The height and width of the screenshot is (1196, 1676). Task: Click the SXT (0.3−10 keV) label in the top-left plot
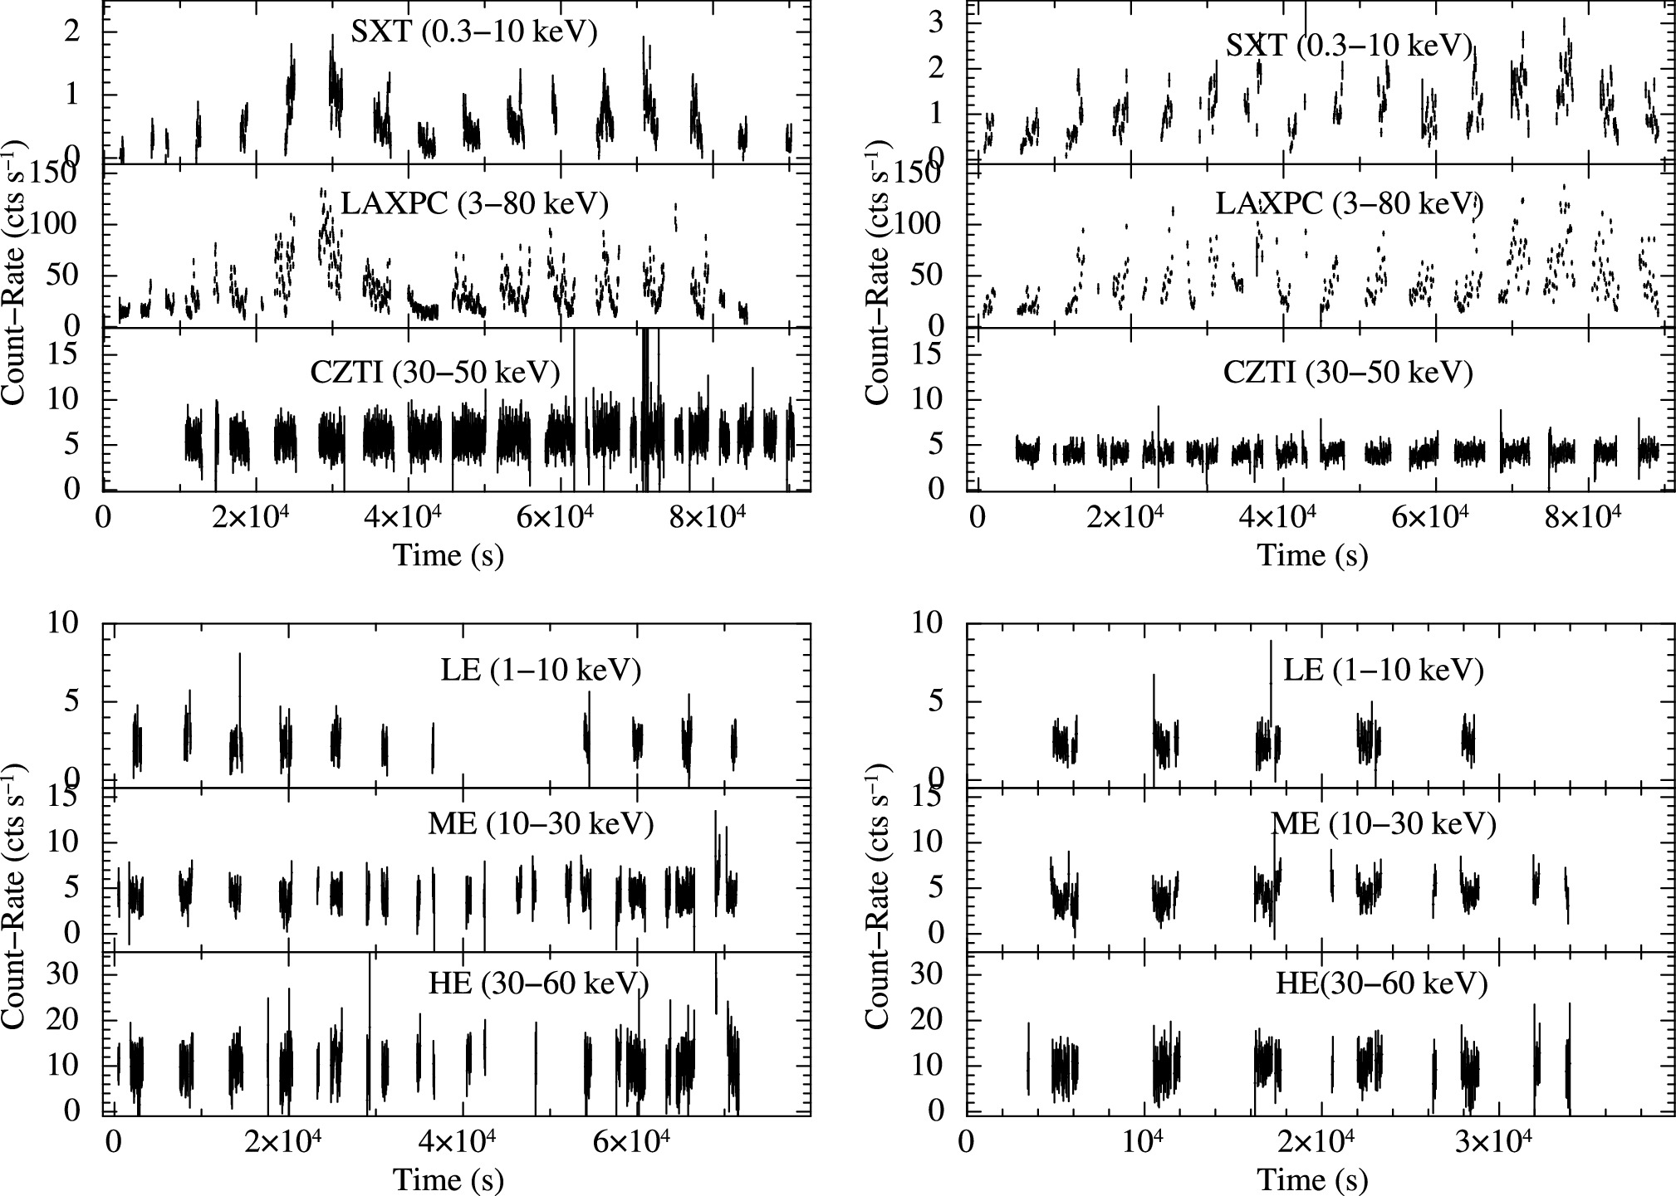tap(474, 32)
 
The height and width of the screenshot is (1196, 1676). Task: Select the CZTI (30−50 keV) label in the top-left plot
tap(434, 373)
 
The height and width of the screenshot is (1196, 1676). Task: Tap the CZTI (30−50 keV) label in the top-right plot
tap(1348, 373)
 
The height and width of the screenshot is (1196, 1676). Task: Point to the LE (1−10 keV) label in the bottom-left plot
tap(541, 670)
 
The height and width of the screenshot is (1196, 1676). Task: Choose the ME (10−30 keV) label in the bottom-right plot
tap(1384, 824)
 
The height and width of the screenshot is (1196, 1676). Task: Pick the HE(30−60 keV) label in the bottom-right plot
tap(1381, 984)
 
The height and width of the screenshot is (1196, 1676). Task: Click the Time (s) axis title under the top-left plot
tap(448, 554)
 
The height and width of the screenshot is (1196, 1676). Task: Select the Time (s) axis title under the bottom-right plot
tap(1312, 1179)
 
